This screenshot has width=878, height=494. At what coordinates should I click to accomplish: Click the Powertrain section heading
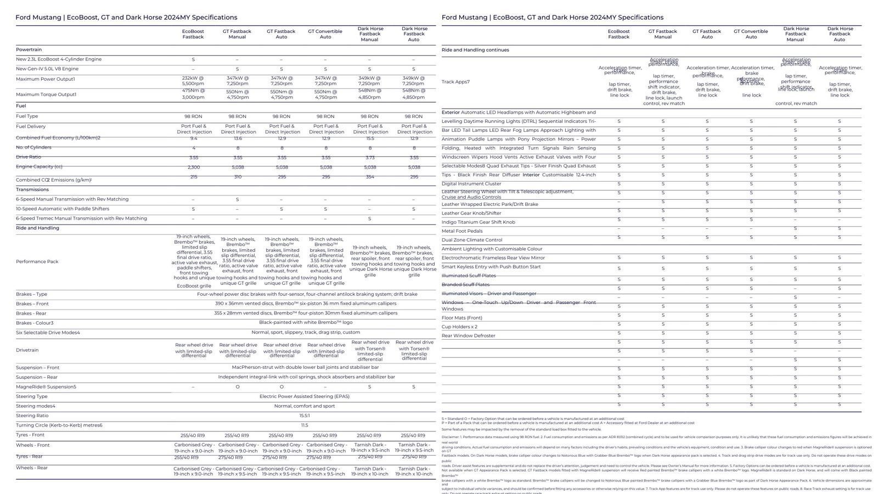29,49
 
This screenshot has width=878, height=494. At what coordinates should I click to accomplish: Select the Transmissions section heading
32,189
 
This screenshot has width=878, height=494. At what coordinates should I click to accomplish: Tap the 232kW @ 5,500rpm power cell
193,81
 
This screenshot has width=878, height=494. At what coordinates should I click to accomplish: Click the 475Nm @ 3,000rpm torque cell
193,94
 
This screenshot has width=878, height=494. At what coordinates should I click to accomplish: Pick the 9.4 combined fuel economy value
193,138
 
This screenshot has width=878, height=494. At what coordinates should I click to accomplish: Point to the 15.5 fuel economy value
369,138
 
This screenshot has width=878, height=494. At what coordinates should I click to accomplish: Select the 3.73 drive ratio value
369,158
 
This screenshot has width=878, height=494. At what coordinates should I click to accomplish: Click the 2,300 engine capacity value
193,167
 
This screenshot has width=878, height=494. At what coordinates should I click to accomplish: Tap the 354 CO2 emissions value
369,177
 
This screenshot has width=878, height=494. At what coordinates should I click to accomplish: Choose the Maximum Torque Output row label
46,94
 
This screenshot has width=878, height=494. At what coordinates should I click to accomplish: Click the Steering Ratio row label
33,416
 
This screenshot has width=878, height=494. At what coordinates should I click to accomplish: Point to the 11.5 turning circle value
305,425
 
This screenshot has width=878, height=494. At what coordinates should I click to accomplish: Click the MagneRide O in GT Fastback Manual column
238,387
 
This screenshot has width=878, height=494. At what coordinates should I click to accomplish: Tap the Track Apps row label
455,82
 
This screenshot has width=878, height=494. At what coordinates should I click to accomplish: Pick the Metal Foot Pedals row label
462,231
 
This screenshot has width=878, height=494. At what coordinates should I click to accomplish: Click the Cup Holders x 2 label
459,327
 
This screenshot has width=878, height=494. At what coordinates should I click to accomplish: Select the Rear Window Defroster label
468,335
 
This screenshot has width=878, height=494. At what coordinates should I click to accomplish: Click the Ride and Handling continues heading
475,50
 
